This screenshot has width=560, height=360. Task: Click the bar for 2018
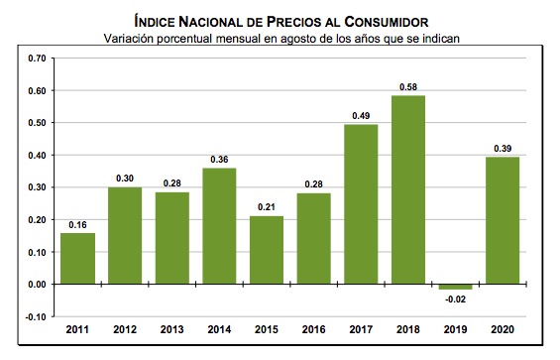pyautogui.click(x=407, y=189)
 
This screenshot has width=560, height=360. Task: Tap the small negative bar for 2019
pyautogui.click(x=455, y=287)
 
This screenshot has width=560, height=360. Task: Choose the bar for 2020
pyautogui.click(x=502, y=220)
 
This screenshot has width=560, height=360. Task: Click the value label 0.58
pyautogui.click(x=407, y=86)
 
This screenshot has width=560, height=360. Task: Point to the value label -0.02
pyautogui.click(x=454, y=299)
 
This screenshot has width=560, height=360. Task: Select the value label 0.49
pyautogui.click(x=361, y=116)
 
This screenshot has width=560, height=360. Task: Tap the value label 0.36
pyautogui.click(x=219, y=159)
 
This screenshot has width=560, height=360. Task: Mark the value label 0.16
pyautogui.click(x=77, y=224)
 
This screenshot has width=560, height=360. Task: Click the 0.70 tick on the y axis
pyautogui.click(x=37, y=59)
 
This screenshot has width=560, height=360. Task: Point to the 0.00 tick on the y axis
pyautogui.click(x=37, y=285)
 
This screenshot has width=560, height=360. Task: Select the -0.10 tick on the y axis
pyautogui.click(x=36, y=316)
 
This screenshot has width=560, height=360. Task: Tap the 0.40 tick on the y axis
pyautogui.click(x=37, y=156)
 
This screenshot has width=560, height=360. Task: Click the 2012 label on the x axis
pyautogui.click(x=125, y=329)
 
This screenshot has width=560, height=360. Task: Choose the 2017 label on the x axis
pyautogui.click(x=361, y=329)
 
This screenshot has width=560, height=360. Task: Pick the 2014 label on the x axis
pyautogui.click(x=219, y=329)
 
